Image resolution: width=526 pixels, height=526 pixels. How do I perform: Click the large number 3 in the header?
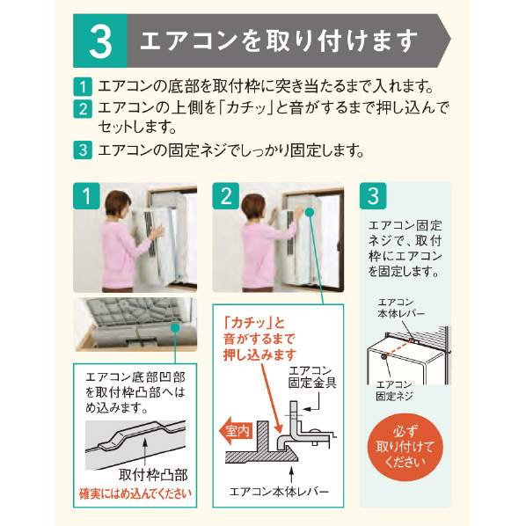tap(100, 41)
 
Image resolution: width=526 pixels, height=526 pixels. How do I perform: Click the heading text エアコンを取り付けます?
tap(279, 41)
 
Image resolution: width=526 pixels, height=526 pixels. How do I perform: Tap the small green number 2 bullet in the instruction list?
tap(83, 109)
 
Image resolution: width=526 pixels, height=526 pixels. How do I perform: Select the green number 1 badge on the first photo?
tap(86, 196)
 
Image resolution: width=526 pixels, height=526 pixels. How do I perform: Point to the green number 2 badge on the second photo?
tap(226, 196)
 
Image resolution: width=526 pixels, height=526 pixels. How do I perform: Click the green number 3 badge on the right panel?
tap(373, 196)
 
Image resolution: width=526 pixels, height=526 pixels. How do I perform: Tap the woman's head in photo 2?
tap(253, 207)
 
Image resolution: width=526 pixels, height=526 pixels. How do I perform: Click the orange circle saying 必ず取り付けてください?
tap(405, 447)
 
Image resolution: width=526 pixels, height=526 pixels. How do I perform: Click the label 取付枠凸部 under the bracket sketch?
tap(153, 474)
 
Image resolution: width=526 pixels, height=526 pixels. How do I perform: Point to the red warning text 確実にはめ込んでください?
tap(135, 493)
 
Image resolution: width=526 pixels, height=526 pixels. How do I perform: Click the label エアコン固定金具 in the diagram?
tap(312, 377)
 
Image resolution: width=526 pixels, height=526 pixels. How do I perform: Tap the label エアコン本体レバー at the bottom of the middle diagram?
tap(279, 492)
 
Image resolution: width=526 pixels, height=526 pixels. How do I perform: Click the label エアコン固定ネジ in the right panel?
tap(394, 391)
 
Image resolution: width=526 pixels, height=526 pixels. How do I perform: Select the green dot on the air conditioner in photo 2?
tap(310, 212)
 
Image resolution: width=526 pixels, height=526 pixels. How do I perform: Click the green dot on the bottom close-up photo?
tap(175, 328)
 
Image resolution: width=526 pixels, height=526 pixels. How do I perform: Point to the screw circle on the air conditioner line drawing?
tap(384, 356)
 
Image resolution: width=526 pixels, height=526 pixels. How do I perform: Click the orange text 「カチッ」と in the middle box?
tap(254, 323)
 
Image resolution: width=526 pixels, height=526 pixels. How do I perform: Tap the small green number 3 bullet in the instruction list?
tap(83, 150)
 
